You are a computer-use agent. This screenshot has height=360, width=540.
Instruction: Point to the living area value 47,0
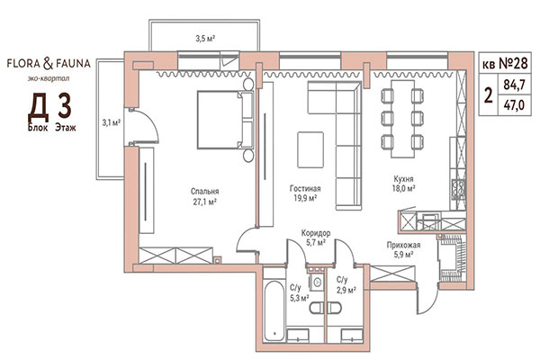[x=516, y=106]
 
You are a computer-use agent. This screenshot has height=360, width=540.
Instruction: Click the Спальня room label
[x=205, y=192]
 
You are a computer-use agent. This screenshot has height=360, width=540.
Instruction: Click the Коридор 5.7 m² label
[x=316, y=238]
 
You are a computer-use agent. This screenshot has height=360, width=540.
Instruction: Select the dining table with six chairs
[x=403, y=117]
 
